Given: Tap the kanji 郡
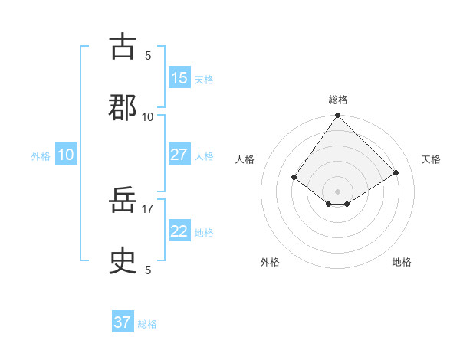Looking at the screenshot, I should point(123,108).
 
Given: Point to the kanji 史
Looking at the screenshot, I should point(123,262).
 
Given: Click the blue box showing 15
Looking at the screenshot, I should point(179,78).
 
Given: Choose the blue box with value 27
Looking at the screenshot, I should point(179,155).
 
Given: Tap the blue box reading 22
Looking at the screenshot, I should point(179,232).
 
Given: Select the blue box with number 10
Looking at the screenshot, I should point(66,155).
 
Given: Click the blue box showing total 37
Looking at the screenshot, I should point(123,322).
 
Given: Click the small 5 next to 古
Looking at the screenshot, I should point(148,55).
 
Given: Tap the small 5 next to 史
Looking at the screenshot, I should point(148,270).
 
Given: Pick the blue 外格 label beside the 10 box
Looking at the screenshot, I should point(41,156).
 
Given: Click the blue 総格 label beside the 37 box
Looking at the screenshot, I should point(147,324).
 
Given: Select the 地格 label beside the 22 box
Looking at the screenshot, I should point(204,233).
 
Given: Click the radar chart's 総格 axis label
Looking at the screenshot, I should point(338,100).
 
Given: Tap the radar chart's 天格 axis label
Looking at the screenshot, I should point(431,159).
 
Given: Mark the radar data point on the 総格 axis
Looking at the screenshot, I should point(338,116).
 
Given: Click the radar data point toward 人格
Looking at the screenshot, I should point(294,177).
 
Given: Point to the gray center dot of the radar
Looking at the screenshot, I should point(338,191).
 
